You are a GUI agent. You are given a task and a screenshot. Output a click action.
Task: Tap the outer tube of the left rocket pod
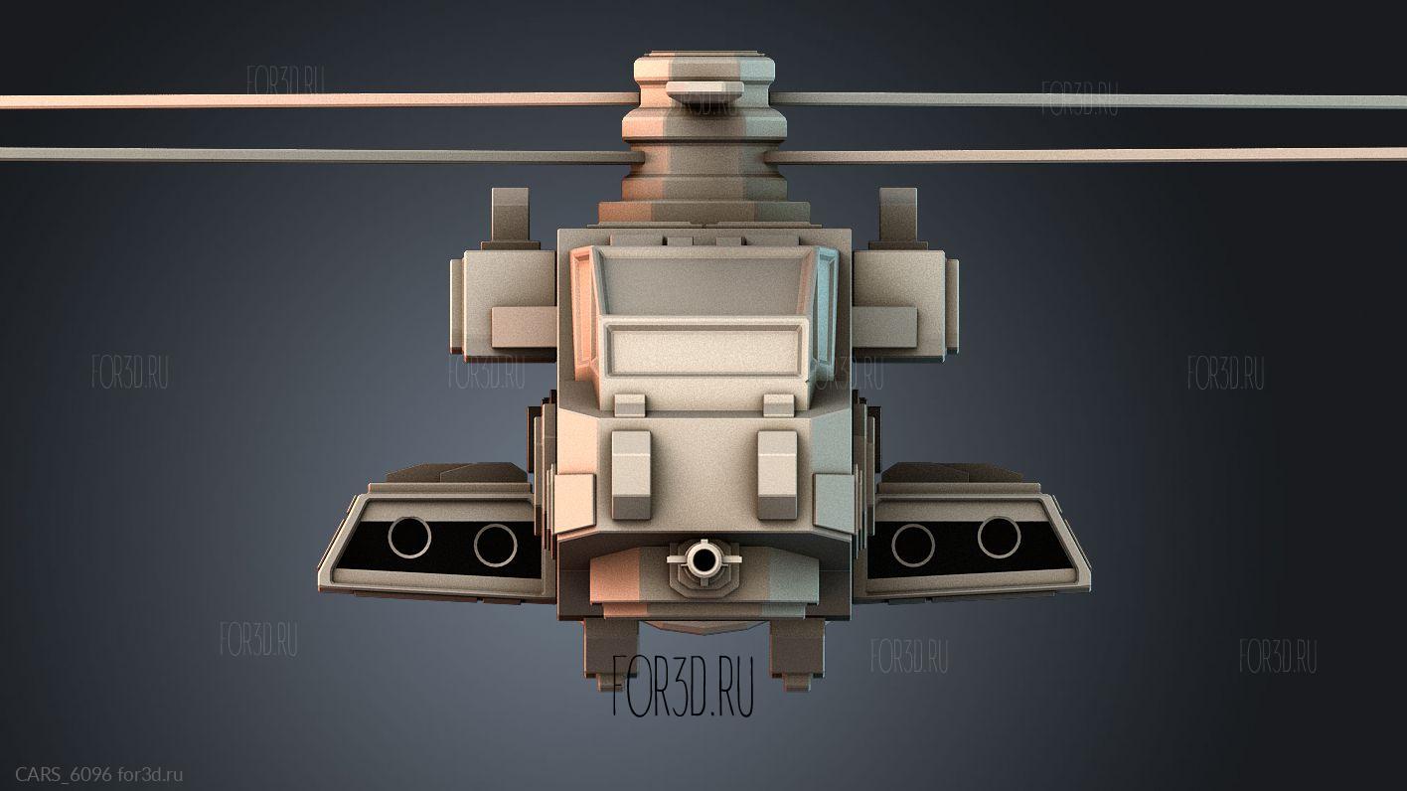pyautogui.click(x=409, y=538)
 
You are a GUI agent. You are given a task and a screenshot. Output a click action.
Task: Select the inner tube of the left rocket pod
pyautogui.click(x=496, y=545)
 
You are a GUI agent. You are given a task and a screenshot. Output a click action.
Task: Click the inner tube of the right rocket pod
pyautogui.click(x=913, y=545)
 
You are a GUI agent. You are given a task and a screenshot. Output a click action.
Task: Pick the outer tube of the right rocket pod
pyautogui.click(x=999, y=538)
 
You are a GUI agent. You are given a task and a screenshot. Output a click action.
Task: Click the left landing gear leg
pyautogui.click(x=609, y=654)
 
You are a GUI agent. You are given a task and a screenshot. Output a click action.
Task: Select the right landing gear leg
pyautogui.click(x=797, y=654)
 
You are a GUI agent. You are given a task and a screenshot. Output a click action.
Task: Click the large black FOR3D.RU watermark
pyautogui.click(x=683, y=686)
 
